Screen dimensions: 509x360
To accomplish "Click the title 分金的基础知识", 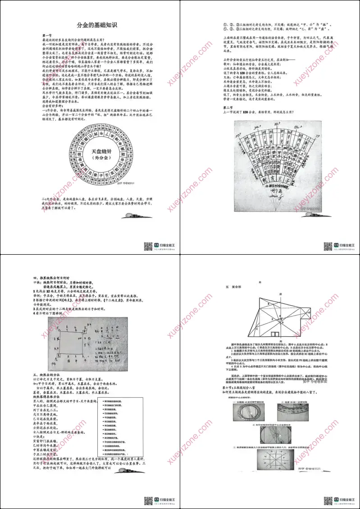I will coord(90,26).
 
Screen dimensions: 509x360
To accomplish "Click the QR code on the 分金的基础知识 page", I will coord(148,246).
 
